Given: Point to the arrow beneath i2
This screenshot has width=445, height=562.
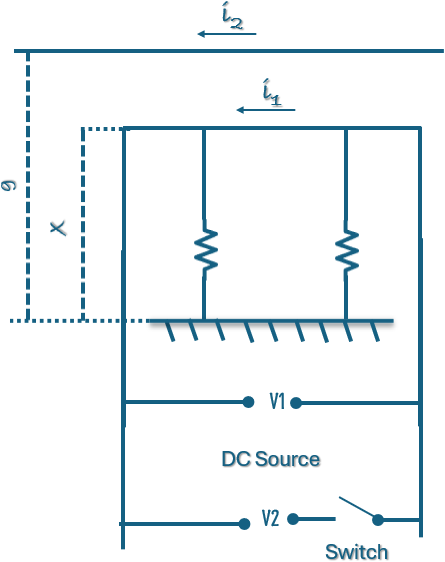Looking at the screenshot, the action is tap(227, 34).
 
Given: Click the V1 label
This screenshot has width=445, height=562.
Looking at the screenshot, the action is tap(277, 401).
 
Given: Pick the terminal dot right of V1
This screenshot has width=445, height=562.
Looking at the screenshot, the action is tap(296, 403).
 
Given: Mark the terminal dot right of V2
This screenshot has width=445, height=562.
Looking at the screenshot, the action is tap(293, 519).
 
